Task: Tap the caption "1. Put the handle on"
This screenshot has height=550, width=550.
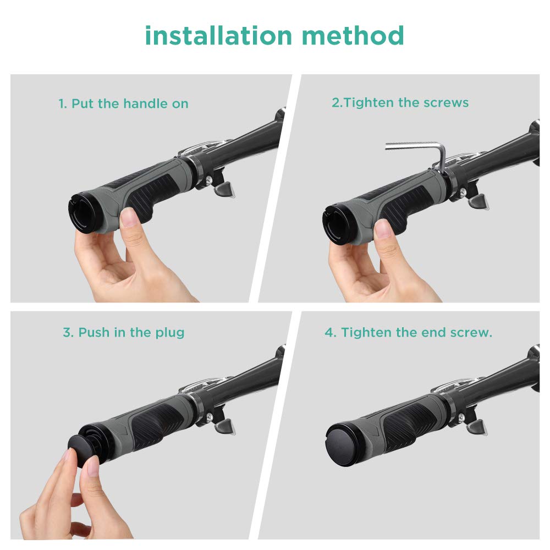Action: pos(123,103)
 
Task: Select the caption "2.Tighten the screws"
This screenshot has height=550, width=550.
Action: pos(400,102)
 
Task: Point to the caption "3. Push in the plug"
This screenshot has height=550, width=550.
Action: pos(123,332)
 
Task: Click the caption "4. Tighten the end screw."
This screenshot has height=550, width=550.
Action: pos(408,332)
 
